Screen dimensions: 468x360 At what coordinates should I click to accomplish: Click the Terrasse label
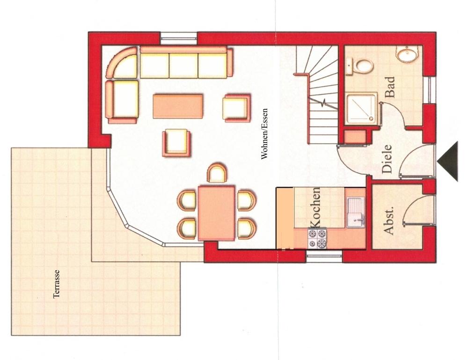click(x=57, y=284)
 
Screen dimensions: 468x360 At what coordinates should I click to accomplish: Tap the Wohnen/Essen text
click(x=265, y=133)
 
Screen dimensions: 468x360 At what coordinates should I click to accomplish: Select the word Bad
click(x=390, y=87)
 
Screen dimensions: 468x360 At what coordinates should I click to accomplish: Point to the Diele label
click(x=387, y=159)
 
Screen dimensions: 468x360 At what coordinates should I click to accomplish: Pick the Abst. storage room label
click(x=388, y=220)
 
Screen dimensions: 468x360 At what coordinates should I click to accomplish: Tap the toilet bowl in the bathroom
click(x=360, y=66)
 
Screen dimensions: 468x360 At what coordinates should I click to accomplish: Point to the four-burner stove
click(x=317, y=238)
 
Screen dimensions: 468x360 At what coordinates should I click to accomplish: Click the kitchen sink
click(x=356, y=212)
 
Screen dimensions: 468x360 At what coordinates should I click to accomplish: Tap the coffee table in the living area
click(x=178, y=106)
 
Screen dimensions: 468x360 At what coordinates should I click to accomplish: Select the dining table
click(x=216, y=213)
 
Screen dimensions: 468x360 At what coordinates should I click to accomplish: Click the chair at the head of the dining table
click(x=217, y=173)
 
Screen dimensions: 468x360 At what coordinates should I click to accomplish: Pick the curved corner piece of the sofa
click(x=122, y=62)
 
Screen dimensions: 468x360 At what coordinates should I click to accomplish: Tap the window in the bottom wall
click(x=324, y=257)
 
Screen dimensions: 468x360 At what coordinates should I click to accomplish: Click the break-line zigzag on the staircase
click(x=323, y=103)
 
